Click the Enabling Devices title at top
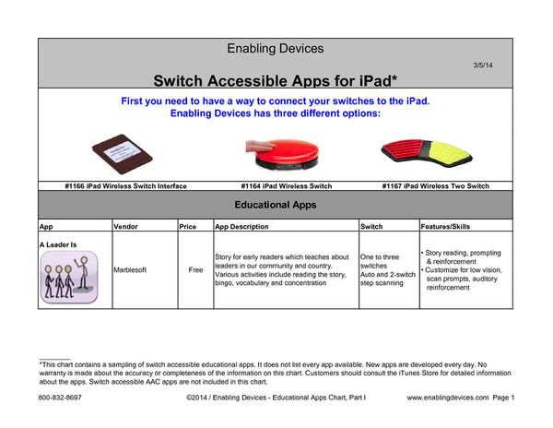276,48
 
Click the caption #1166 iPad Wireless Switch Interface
125,185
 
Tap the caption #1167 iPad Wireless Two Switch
435,185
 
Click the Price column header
189,226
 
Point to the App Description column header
241,226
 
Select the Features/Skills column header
447,226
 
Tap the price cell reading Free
194,271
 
